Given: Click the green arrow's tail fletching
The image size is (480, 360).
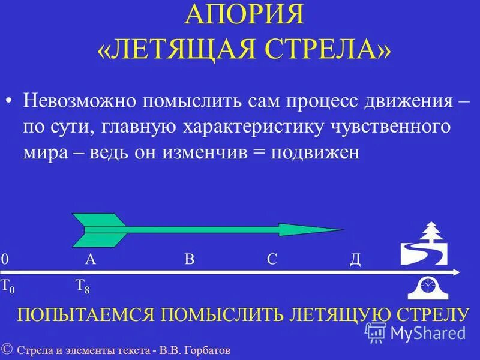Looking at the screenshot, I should [99, 229].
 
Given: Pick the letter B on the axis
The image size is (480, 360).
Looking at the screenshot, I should [190, 259].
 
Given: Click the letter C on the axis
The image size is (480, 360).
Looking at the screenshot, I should [272, 259].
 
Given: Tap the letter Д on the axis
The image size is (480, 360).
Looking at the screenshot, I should [355, 259].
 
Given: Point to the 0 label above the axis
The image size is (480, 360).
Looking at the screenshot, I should [5, 259].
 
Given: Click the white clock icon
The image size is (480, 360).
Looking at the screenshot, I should [427, 287].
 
